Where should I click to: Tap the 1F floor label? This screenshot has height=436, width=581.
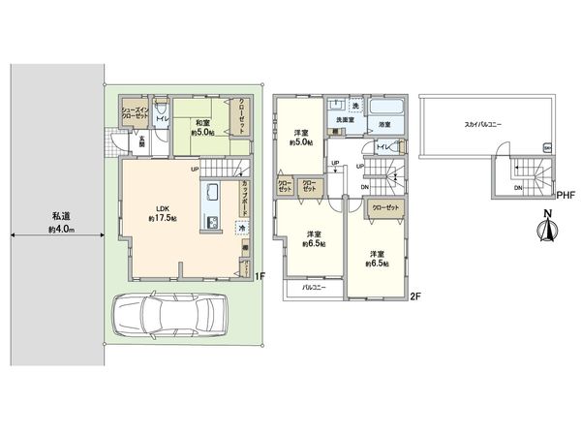[x=260, y=276]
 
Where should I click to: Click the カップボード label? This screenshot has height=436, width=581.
[x=248, y=199]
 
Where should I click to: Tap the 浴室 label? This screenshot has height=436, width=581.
[x=384, y=125]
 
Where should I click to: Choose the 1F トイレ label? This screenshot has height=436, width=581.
[x=162, y=120]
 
